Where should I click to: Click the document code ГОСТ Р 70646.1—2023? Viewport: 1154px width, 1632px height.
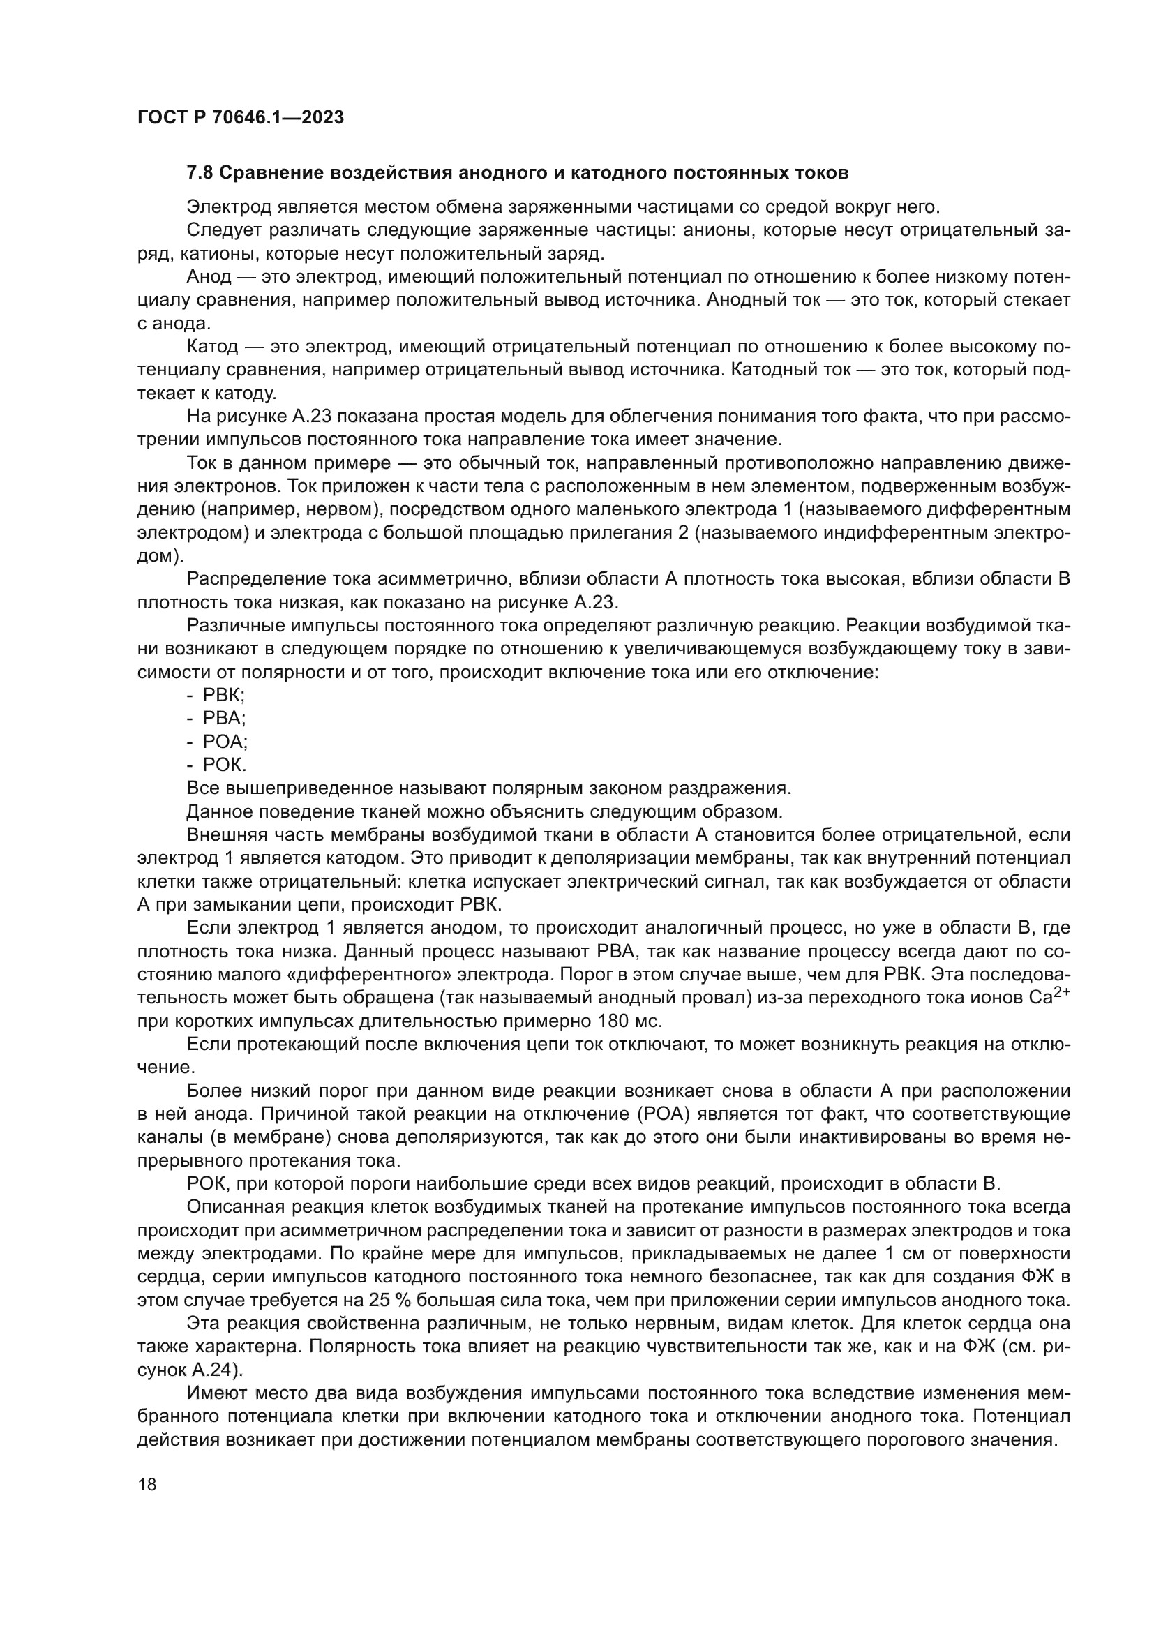[x=240, y=118]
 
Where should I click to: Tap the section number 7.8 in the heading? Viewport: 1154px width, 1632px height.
[x=200, y=173]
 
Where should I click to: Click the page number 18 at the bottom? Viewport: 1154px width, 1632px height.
[x=147, y=1485]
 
